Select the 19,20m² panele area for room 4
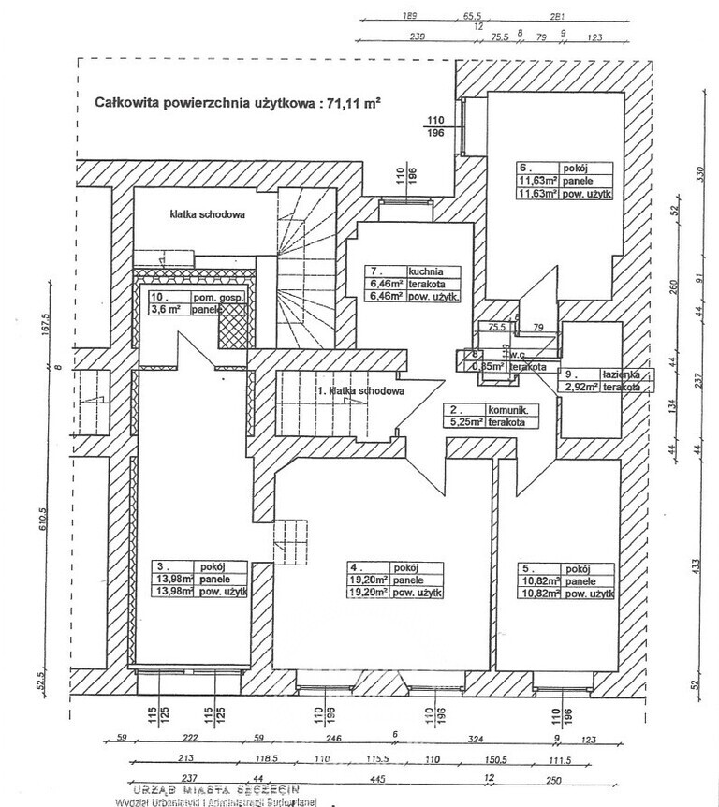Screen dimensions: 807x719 point(373,580)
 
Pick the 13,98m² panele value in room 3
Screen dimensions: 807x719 point(173,580)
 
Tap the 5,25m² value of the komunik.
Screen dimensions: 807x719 point(462,423)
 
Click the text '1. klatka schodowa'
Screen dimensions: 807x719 point(360,391)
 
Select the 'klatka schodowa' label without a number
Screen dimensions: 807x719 point(208,213)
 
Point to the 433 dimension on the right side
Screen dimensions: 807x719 point(697,569)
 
